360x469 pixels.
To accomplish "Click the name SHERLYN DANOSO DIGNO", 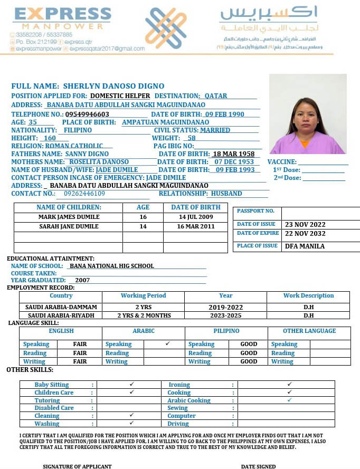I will click(113, 86).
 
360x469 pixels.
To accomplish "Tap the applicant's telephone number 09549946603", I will click(87, 114).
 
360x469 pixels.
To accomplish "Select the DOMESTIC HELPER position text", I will click(120, 96).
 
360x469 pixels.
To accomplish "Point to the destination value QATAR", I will click(216, 96).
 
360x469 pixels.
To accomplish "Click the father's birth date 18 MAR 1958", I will click(233, 154).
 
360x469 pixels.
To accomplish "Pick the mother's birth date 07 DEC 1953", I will click(234, 162).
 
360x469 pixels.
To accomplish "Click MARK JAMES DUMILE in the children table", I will click(69, 217).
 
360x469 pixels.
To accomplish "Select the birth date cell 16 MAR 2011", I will click(195, 226).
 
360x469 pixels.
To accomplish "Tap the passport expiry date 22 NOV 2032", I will click(305, 234).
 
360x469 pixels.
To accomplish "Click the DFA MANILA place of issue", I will click(305, 246).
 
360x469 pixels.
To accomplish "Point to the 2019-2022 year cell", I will click(225, 307).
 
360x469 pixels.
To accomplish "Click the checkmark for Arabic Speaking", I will click(167, 343).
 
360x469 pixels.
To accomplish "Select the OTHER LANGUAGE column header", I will click(309, 331).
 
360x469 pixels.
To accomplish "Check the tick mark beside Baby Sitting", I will click(131, 385).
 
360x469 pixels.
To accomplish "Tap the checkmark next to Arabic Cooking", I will click(289, 400).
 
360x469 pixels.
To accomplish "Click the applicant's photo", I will click(308, 114).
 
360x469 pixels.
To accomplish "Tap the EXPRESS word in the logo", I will click(63, 14).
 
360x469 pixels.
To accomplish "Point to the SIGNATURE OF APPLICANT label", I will click(77, 466).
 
